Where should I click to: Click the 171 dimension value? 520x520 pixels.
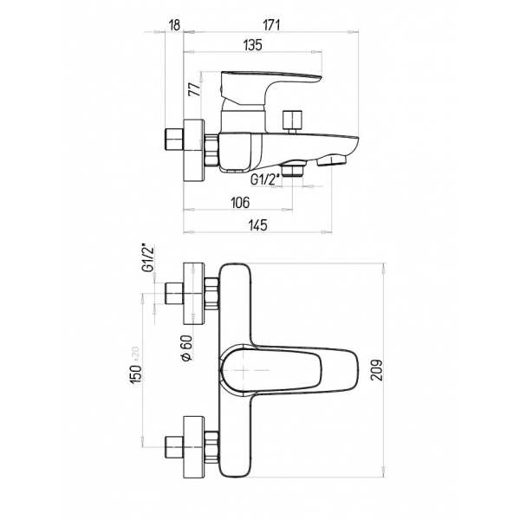[x=271, y=25]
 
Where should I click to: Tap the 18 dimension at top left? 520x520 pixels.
[x=174, y=25]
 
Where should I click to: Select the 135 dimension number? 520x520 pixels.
[x=253, y=45]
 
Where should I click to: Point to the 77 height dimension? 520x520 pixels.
[x=195, y=89]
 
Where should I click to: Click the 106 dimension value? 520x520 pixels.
[x=240, y=203]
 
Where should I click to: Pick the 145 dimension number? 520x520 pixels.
[x=257, y=225]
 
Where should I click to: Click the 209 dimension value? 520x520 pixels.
[x=377, y=370]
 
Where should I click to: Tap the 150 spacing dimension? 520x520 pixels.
[x=136, y=365]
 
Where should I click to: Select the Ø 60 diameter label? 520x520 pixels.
[x=186, y=348]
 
